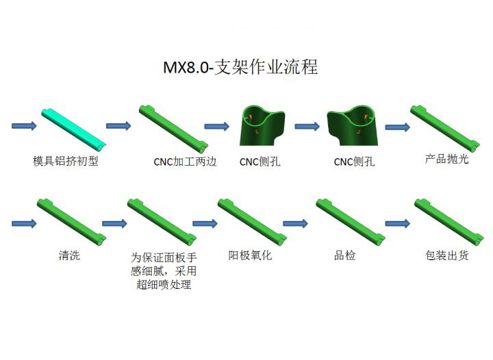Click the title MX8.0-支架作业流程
(240, 67)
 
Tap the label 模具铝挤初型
(66, 161)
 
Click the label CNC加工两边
(185, 162)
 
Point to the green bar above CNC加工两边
(173, 127)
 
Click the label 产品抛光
(446, 159)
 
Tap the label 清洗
(69, 255)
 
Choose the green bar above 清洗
(72, 222)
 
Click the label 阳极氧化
(250, 255)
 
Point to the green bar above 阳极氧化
(252, 222)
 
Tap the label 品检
(344, 255)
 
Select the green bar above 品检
(351, 222)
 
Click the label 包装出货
(446, 255)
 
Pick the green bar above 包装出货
(449, 222)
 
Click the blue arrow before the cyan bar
(24, 126)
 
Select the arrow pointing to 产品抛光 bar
(397, 127)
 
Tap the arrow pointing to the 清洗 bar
(24, 224)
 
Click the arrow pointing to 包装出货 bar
(397, 224)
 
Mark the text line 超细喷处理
(164, 284)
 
